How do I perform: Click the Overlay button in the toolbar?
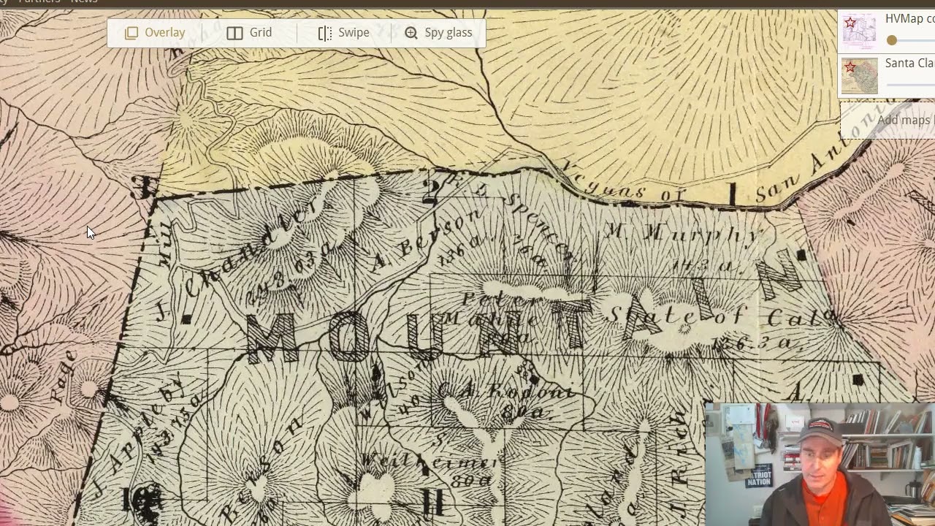point(154,33)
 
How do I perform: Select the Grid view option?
point(249,33)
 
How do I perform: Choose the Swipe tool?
point(343,33)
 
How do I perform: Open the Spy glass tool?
point(438,33)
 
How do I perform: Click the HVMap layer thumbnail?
point(859,31)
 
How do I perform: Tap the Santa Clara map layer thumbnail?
point(859,76)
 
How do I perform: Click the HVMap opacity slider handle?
point(891,41)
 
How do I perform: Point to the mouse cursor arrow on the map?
point(89,232)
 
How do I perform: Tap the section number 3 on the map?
point(141,187)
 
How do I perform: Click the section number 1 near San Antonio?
point(732,194)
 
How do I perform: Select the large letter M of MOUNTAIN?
point(272,338)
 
